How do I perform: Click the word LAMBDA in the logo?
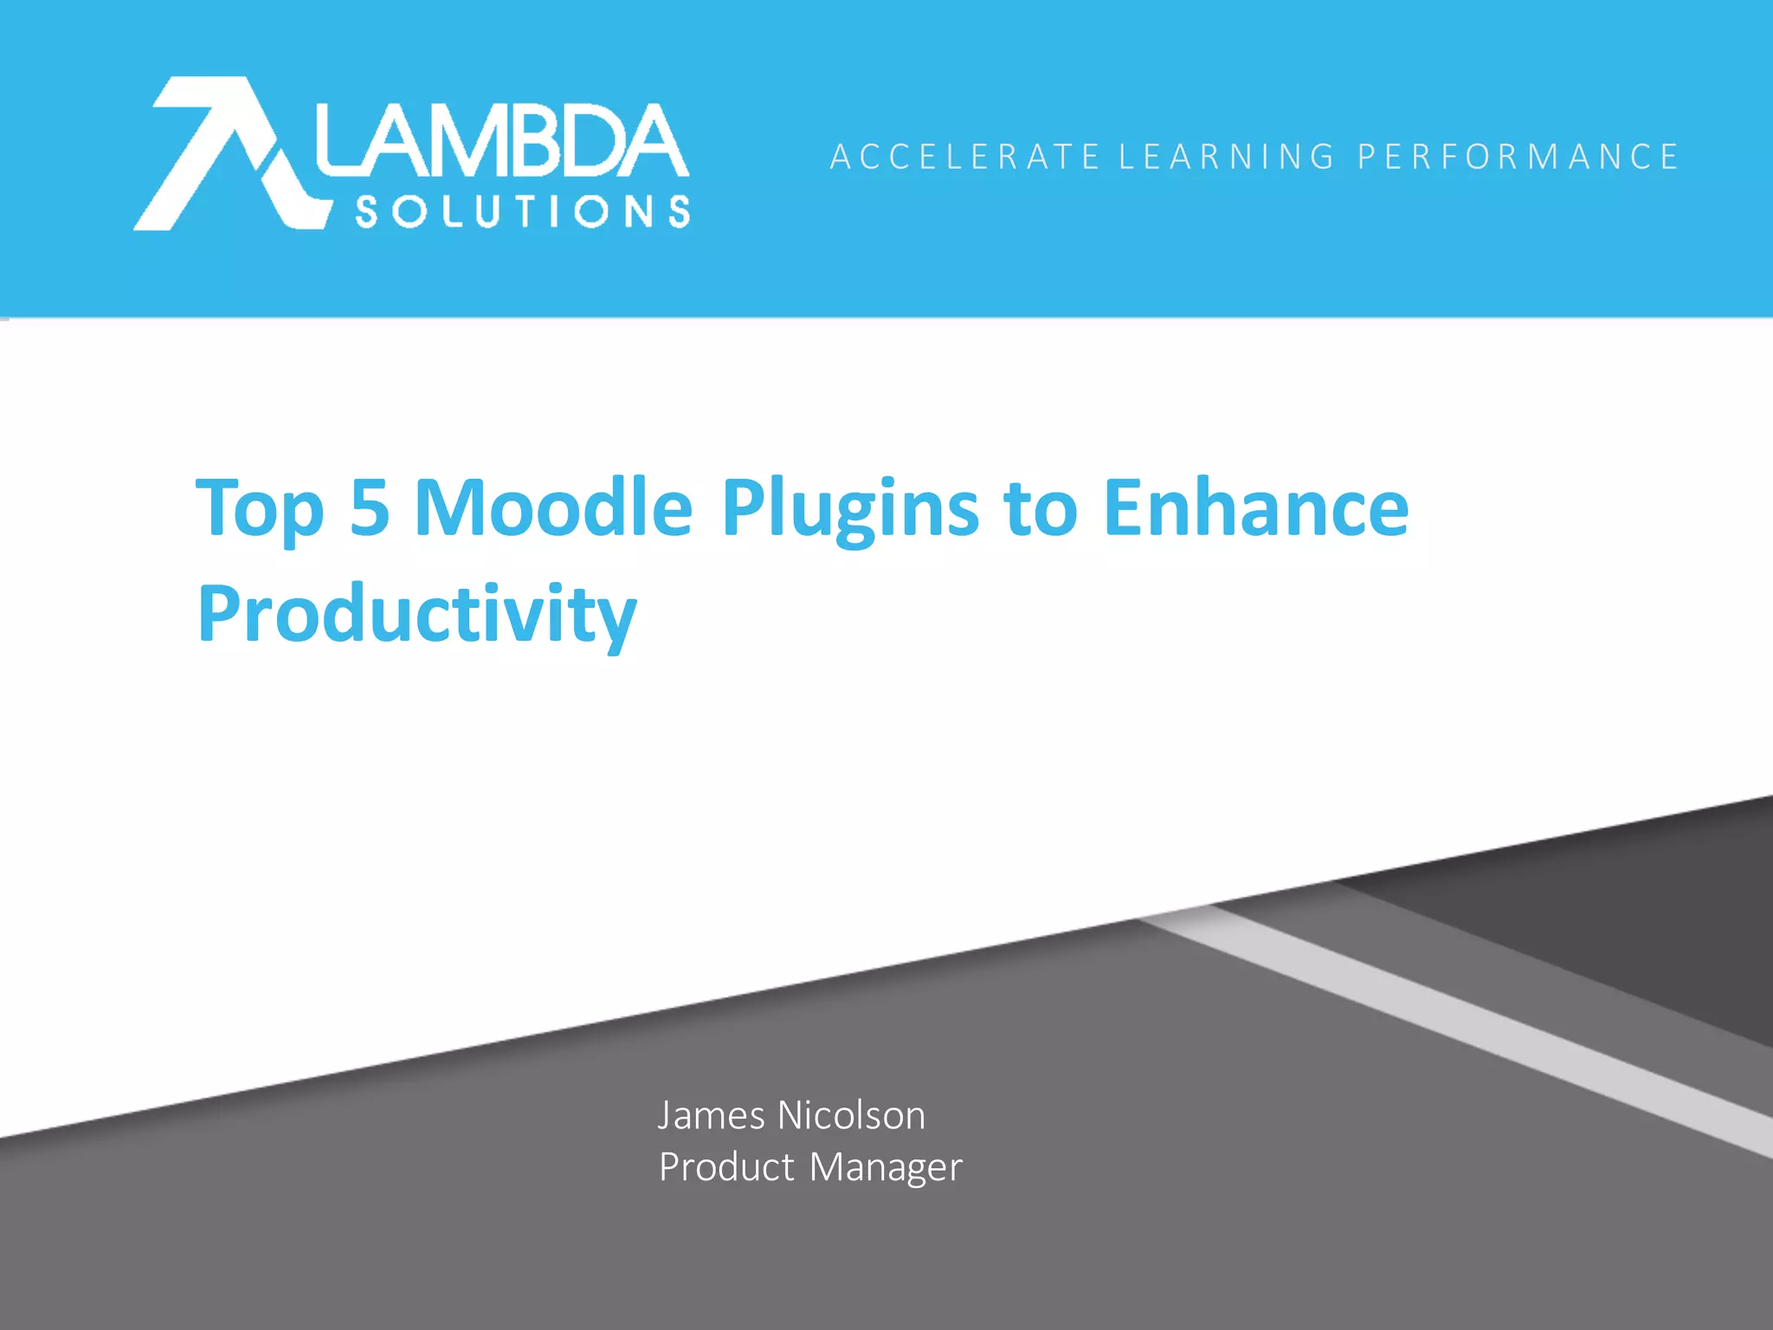tap(502, 141)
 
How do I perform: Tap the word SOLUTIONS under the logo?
tap(523, 211)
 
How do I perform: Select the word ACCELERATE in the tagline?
tap(964, 158)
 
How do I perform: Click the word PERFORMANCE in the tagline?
tap(1518, 158)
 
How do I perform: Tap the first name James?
tap(711, 1115)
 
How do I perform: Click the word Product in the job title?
tap(726, 1167)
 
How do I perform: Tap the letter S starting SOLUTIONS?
tap(367, 212)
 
